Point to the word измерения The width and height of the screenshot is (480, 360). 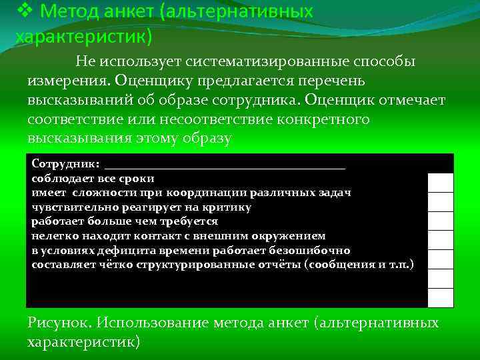[x=68, y=81]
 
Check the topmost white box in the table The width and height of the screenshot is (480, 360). [x=440, y=182]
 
